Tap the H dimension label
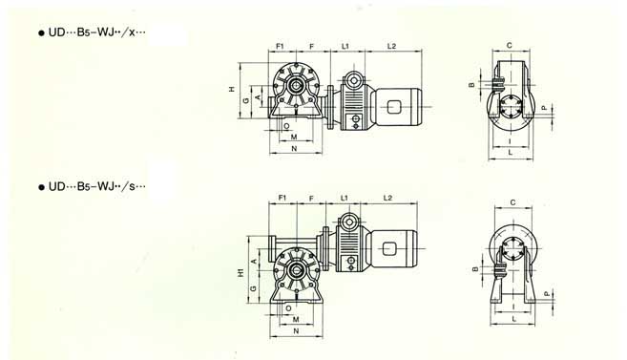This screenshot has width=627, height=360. click(232, 89)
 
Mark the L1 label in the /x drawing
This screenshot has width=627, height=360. click(345, 45)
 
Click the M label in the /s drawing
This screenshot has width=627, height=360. click(297, 318)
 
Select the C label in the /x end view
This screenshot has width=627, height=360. click(512, 45)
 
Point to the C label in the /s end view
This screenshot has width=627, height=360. click(513, 202)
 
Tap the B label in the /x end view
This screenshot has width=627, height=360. click(471, 85)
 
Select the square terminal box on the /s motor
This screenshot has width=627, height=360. click(389, 252)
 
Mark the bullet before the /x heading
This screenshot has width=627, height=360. click(41, 33)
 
